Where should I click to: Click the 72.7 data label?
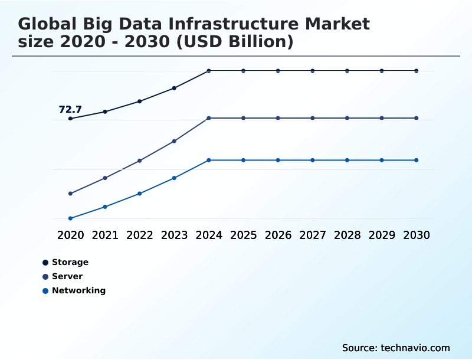(x=70, y=109)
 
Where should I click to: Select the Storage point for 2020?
(x=70, y=119)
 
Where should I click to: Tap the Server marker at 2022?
(x=140, y=161)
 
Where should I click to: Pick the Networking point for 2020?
(x=70, y=218)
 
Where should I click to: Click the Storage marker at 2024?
(x=209, y=71)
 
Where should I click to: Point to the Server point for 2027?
(x=313, y=118)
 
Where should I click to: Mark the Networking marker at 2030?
(x=417, y=160)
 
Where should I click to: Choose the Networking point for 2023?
(x=174, y=178)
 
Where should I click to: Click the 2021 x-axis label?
(x=105, y=235)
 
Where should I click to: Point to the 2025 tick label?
(x=243, y=235)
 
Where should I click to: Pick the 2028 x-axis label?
(x=347, y=235)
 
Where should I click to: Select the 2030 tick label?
(x=417, y=235)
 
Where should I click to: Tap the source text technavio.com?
(x=415, y=348)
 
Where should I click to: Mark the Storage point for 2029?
(x=382, y=71)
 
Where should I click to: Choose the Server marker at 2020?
(x=70, y=194)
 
